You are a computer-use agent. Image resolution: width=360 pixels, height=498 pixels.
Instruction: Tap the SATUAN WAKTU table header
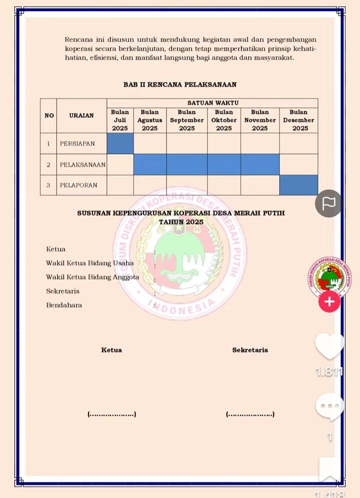(212, 102)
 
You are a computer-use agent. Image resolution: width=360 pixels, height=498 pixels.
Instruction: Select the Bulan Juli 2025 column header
(120, 120)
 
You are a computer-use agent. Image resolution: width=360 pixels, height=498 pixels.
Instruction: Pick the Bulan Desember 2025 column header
(298, 120)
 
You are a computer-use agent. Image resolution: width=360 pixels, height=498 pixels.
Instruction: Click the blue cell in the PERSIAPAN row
(120, 143)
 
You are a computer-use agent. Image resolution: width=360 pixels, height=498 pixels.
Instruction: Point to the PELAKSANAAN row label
(82, 164)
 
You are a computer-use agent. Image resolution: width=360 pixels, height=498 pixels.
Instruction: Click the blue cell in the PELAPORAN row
(298, 185)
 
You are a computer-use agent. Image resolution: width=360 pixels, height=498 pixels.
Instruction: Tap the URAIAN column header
(81, 115)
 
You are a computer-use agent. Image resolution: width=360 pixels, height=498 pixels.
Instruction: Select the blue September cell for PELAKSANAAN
(186, 164)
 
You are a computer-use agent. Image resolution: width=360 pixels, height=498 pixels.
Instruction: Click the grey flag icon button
(328, 203)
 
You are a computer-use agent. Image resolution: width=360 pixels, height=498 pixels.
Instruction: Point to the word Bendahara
(64, 305)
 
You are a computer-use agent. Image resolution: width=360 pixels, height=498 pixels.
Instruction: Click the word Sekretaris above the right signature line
(250, 350)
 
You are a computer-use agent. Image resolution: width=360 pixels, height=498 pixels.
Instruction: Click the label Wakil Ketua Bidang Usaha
(90, 263)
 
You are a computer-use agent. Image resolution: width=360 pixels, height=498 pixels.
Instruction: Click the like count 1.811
(329, 371)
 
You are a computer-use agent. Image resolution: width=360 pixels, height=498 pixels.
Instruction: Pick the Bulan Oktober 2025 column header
(224, 120)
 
